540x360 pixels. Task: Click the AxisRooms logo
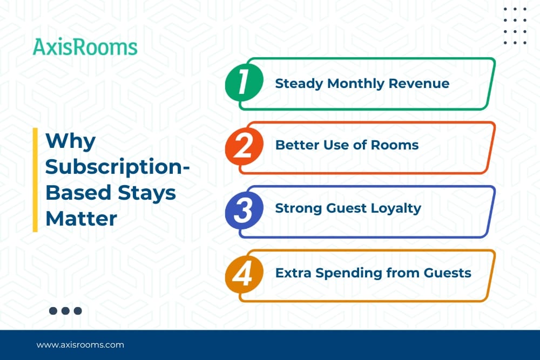[85, 47]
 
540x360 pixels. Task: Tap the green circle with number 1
[244, 82]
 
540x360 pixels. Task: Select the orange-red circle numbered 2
[244, 146]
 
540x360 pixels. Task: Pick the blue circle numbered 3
[244, 210]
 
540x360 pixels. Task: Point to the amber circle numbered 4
[244, 274]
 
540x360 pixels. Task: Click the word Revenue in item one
[419, 83]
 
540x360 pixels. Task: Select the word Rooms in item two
[395, 145]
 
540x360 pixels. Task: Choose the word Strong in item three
[299, 209]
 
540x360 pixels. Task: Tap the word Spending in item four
[349, 274]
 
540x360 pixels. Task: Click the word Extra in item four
[294, 273]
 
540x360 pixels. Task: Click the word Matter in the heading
[82, 219]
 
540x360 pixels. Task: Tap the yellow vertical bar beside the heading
[35, 180]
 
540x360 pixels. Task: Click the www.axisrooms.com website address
[80, 345]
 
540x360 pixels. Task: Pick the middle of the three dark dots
[65, 311]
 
